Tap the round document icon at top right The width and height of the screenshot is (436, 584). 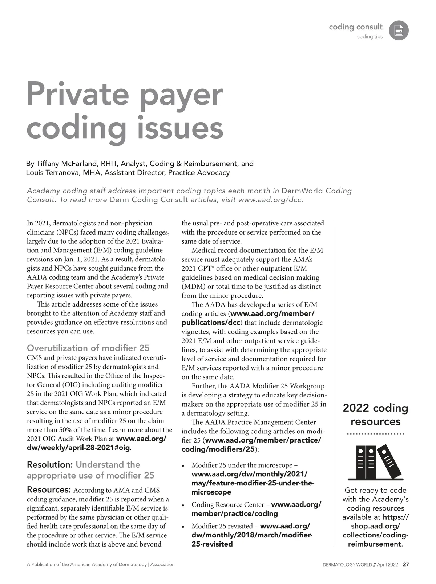(399, 31)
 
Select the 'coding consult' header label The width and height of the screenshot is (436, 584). (355, 27)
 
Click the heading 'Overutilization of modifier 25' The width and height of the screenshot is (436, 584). (88, 348)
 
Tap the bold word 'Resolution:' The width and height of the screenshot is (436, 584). (50, 464)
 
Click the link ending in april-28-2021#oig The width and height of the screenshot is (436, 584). (78, 447)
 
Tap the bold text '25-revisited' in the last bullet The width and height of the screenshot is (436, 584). (212, 544)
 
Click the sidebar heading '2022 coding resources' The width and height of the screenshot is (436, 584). (375, 415)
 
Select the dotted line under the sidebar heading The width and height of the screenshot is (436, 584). (375, 434)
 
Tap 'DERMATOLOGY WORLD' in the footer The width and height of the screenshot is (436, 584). (347, 565)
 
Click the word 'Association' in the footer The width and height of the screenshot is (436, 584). (162, 565)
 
